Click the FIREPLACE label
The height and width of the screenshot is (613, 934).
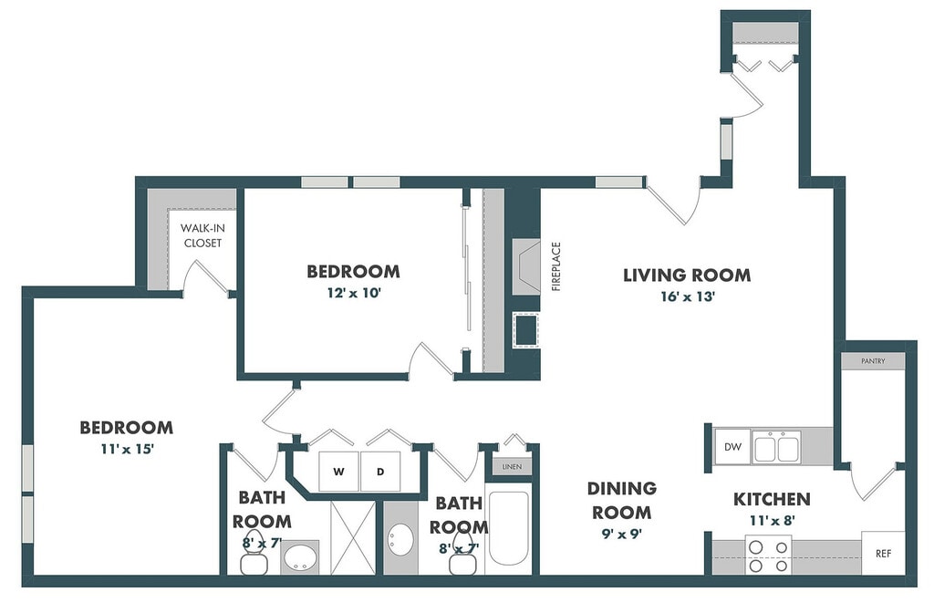pyautogui.click(x=556, y=266)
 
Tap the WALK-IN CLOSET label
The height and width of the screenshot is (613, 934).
pyautogui.click(x=202, y=235)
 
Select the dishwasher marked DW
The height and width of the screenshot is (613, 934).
pyautogui.click(x=732, y=446)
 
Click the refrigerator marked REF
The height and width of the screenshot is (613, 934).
pyautogui.click(x=883, y=554)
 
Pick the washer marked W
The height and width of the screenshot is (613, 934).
pyautogui.click(x=339, y=472)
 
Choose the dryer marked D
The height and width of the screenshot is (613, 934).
pyautogui.click(x=380, y=472)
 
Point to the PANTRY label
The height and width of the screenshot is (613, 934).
pyautogui.click(x=873, y=361)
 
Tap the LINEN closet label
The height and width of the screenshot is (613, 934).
pyautogui.click(x=512, y=466)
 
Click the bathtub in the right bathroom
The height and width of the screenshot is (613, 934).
pyautogui.click(x=508, y=528)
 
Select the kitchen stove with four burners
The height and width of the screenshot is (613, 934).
pyautogui.click(x=768, y=555)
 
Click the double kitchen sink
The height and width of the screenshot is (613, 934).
pyautogui.click(x=776, y=447)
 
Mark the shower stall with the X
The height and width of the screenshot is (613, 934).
pyautogui.click(x=353, y=537)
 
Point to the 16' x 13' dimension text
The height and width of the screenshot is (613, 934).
pyautogui.click(x=688, y=296)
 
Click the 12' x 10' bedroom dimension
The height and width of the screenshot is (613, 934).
pyautogui.click(x=354, y=293)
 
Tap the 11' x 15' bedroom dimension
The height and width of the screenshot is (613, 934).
pyautogui.click(x=127, y=449)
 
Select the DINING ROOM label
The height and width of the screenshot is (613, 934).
pyautogui.click(x=622, y=501)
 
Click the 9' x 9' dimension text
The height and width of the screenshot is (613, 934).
pyautogui.click(x=622, y=534)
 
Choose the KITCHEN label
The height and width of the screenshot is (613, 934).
pyautogui.click(x=772, y=499)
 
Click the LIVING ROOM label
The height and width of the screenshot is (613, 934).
pyautogui.click(x=687, y=275)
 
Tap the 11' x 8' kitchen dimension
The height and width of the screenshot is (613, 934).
pyautogui.click(x=773, y=521)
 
